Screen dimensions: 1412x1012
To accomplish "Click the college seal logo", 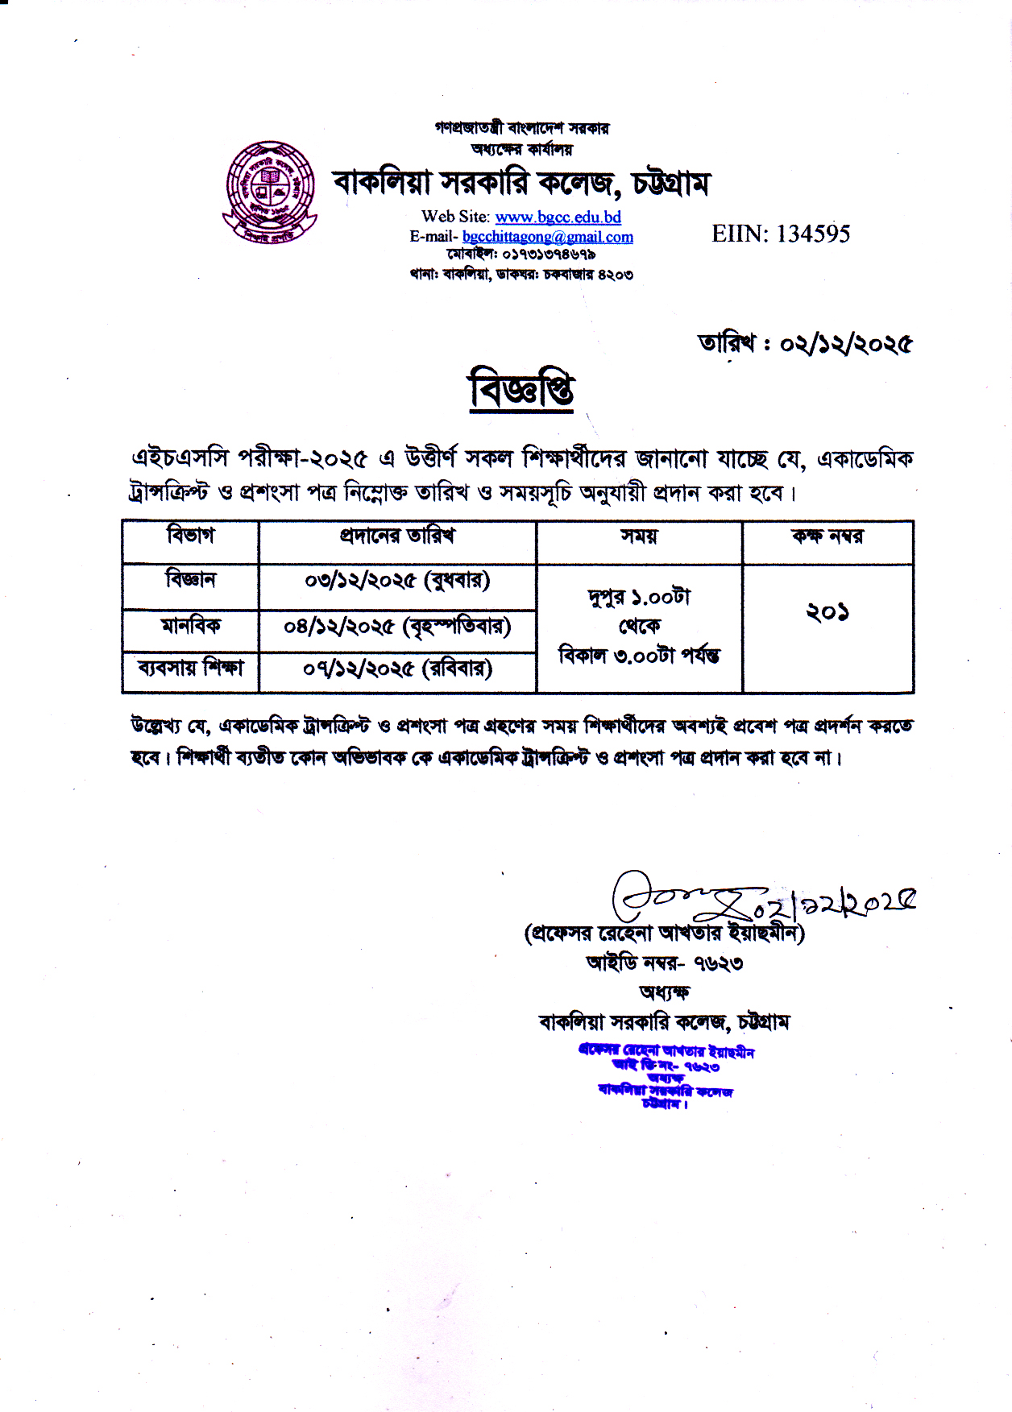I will click(x=269, y=192).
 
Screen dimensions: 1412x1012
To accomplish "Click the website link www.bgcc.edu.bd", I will click(x=558, y=217).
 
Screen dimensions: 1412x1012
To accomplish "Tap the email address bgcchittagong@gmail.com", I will click(x=548, y=237).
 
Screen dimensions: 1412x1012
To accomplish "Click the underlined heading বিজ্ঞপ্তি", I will click(x=521, y=390).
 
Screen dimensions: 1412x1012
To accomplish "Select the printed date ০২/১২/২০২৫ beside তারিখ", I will click(x=845, y=344).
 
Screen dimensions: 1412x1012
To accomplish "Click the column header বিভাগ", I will click(x=190, y=536).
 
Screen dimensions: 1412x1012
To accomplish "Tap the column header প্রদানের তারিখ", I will click(x=397, y=536).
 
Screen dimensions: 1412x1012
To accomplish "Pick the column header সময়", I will click(x=639, y=536).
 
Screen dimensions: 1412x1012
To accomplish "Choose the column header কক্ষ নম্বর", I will click(x=827, y=536).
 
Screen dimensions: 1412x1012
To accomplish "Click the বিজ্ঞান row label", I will click(x=190, y=579).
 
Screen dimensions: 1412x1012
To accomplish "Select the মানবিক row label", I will click(x=190, y=625).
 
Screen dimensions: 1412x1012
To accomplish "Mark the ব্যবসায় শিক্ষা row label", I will click(x=190, y=668).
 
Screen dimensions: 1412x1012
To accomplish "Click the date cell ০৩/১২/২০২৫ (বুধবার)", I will click(x=397, y=580).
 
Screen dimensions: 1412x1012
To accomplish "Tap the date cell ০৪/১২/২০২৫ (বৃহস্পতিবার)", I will click(x=397, y=626).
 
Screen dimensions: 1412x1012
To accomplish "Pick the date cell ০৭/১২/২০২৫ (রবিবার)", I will click(x=397, y=669).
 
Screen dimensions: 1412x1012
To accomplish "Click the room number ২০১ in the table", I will click(x=827, y=613).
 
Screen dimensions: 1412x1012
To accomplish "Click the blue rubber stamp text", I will click(x=666, y=1076).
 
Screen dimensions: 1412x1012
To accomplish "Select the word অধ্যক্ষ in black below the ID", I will click(x=665, y=992).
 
